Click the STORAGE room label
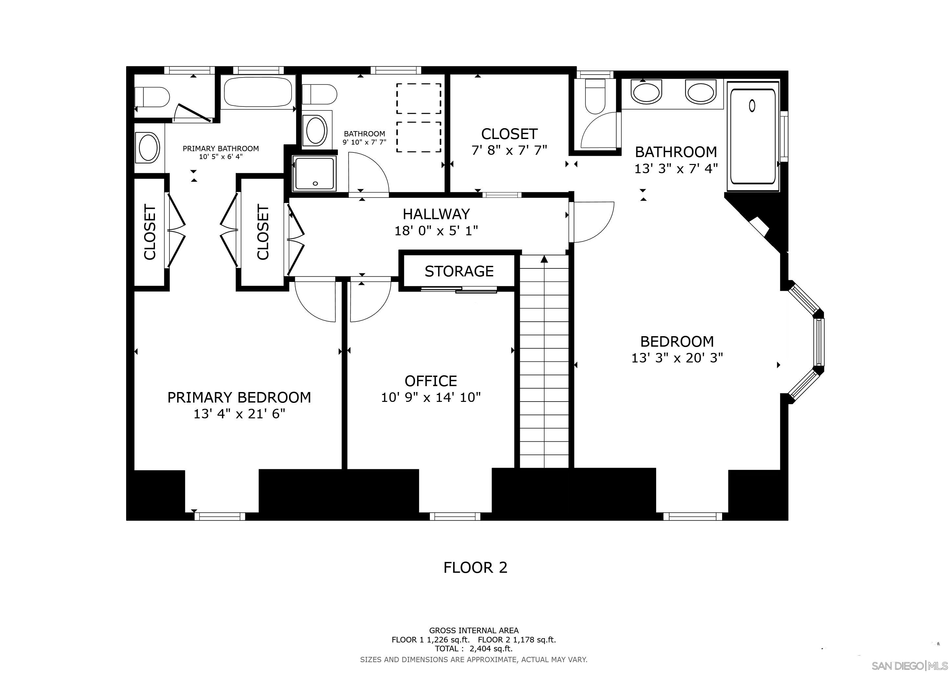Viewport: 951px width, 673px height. tap(459, 271)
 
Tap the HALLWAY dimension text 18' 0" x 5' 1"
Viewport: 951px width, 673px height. tap(436, 230)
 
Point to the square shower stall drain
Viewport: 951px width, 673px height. tap(315, 183)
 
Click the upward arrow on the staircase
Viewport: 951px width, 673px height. tap(544, 259)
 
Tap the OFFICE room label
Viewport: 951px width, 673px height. tap(431, 381)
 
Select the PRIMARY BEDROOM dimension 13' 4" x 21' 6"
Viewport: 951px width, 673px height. tap(239, 414)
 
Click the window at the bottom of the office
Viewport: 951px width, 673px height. tap(455, 516)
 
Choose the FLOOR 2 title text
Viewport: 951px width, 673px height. tap(475, 567)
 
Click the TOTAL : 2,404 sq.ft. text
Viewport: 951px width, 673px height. tap(474, 649)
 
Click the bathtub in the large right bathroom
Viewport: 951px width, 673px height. tap(753, 137)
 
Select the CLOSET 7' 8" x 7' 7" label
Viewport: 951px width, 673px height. tap(509, 141)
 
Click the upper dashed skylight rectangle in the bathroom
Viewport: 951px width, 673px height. tap(418, 98)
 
